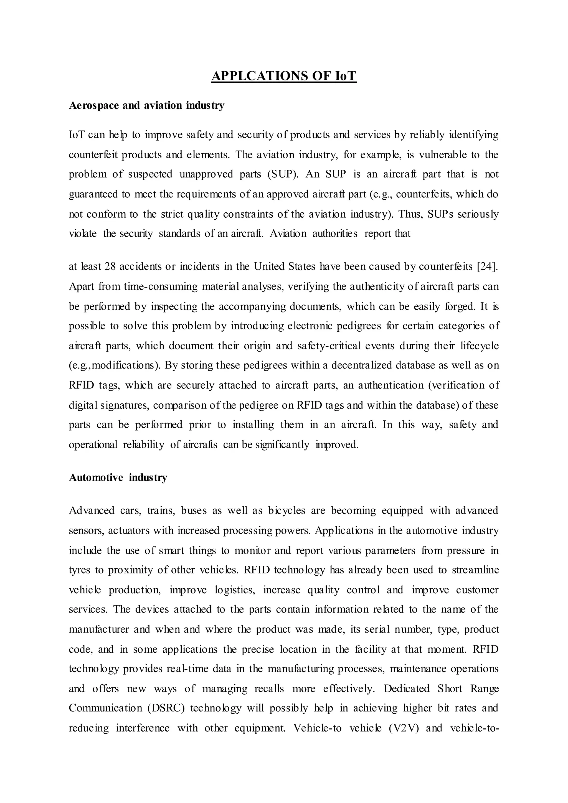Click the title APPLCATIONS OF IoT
(284, 76)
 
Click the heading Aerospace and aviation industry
(146, 105)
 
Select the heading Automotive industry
(118, 477)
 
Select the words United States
(285, 266)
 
